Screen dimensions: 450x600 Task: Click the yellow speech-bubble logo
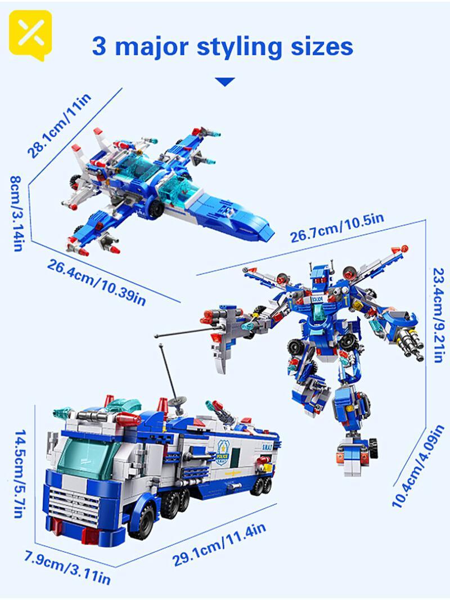click(x=30, y=34)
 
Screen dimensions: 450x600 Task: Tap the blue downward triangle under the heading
click(x=225, y=82)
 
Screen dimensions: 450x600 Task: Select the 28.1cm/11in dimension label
click(x=59, y=125)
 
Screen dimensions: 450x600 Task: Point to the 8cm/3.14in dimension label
click(x=16, y=213)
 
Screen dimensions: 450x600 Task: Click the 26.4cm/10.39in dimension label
click(x=97, y=282)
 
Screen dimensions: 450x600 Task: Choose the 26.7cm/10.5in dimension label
click(x=337, y=228)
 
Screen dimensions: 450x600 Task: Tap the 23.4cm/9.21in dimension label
click(x=438, y=315)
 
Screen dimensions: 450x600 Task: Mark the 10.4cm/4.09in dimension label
click(x=418, y=466)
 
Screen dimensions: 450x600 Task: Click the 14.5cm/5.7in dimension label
click(x=20, y=474)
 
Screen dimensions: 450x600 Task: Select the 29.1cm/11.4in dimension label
click(x=219, y=545)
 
